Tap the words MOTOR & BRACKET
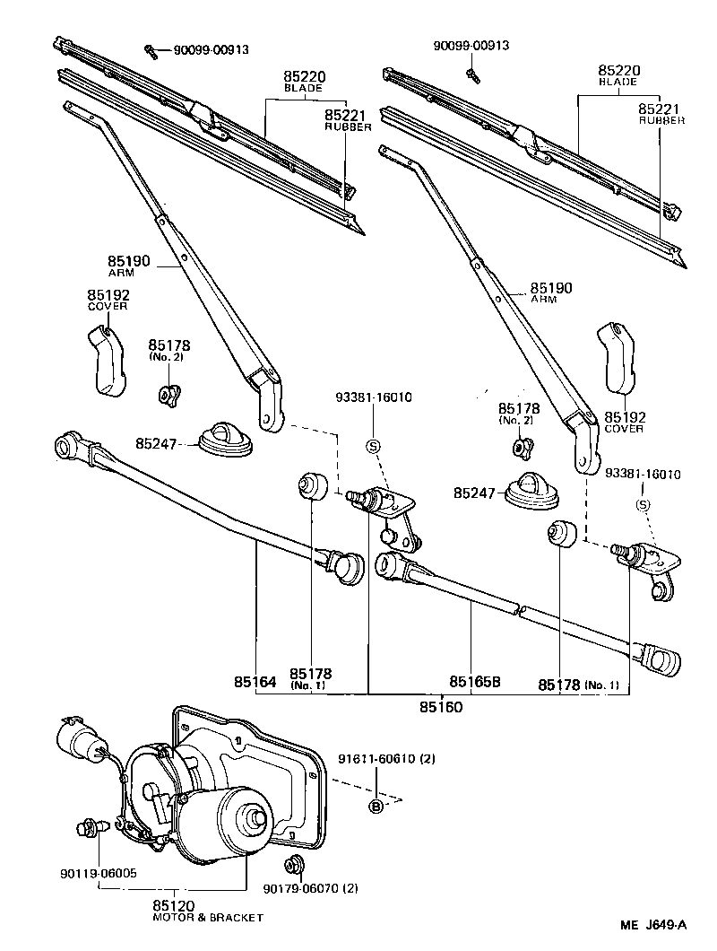click(x=208, y=918)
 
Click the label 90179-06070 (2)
click(x=311, y=888)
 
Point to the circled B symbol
click(x=376, y=807)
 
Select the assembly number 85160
click(x=440, y=707)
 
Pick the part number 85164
click(x=255, y=683)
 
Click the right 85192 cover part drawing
click(x=617, y=358)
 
